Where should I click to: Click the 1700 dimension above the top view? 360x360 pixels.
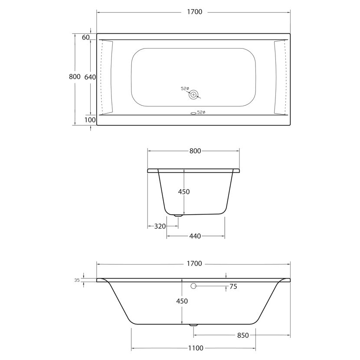point(194,12)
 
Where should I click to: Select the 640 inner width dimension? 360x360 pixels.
point(90,77)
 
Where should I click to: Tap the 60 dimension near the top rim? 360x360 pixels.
point(85,37)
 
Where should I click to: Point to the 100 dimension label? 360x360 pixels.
point(90,120)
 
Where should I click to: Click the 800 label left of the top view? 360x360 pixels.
point(75,76)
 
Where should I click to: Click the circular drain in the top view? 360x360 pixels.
point(193,95)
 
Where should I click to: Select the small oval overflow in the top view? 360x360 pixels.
point(193,113)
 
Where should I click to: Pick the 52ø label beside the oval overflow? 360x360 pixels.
point(201,112)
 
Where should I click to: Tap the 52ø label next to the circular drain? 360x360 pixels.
point(185,88)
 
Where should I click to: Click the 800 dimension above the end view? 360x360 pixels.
point(195,151)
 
